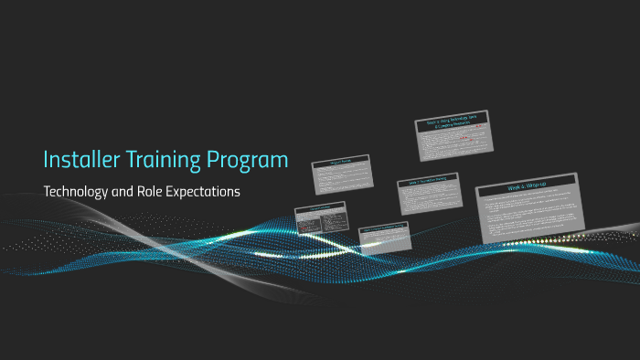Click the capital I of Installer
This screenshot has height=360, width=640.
[47, 160]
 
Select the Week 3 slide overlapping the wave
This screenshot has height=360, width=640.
[384, 235]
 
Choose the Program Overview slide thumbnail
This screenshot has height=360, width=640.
[341, 174]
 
